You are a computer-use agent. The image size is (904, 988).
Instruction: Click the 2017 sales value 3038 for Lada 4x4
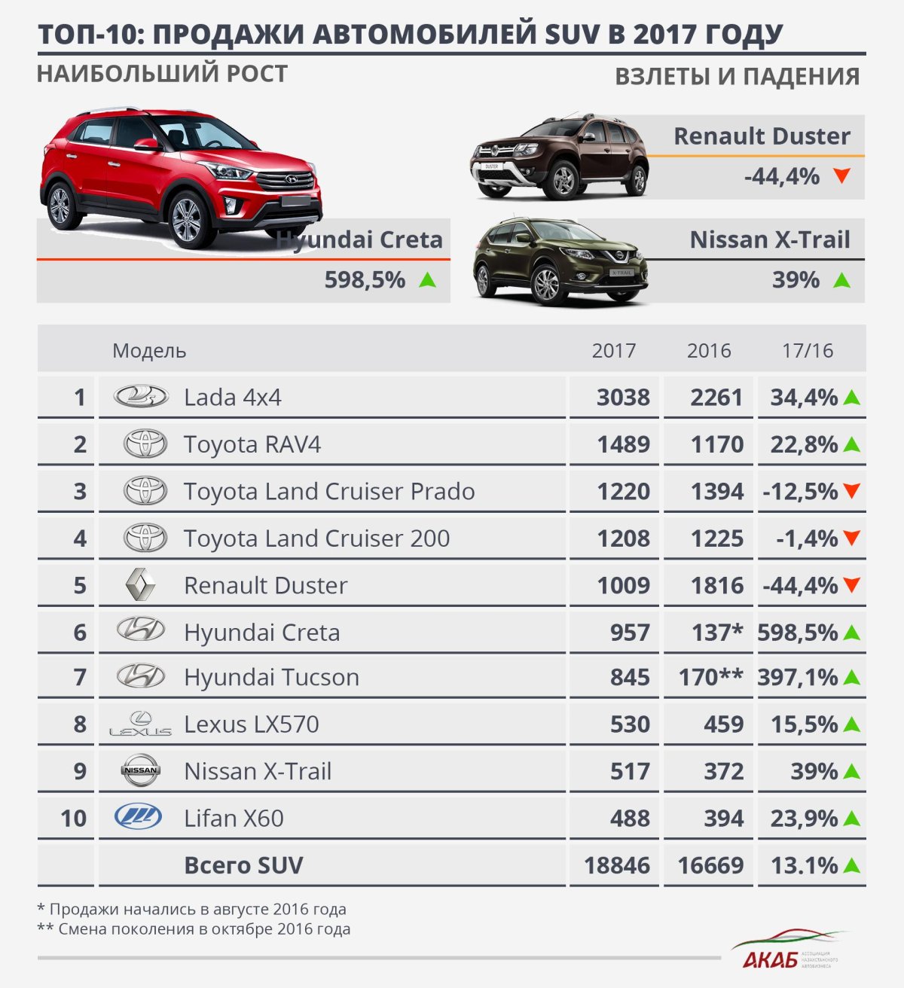623,397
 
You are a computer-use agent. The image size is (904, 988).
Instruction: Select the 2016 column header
709,350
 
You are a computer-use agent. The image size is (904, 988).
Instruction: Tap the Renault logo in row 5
141,585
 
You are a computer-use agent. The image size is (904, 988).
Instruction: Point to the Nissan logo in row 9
141,770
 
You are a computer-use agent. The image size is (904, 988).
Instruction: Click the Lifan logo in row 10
139,817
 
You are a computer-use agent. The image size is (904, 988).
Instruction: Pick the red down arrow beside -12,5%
852,491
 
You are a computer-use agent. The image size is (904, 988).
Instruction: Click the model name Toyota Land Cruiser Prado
329,491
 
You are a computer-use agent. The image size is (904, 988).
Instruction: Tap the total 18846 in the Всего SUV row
617,865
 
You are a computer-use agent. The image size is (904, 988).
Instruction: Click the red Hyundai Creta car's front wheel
187,220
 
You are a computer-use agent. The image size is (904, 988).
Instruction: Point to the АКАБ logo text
769,960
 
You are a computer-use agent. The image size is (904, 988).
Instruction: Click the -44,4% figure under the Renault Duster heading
782,176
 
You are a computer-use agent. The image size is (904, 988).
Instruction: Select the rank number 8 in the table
80,724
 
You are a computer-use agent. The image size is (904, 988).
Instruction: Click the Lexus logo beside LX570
141,724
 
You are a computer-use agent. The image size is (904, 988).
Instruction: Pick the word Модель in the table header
149,350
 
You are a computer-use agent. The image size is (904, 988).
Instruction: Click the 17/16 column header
808,350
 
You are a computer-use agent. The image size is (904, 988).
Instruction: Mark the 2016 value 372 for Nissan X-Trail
723,770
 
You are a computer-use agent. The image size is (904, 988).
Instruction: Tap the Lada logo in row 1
141,396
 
